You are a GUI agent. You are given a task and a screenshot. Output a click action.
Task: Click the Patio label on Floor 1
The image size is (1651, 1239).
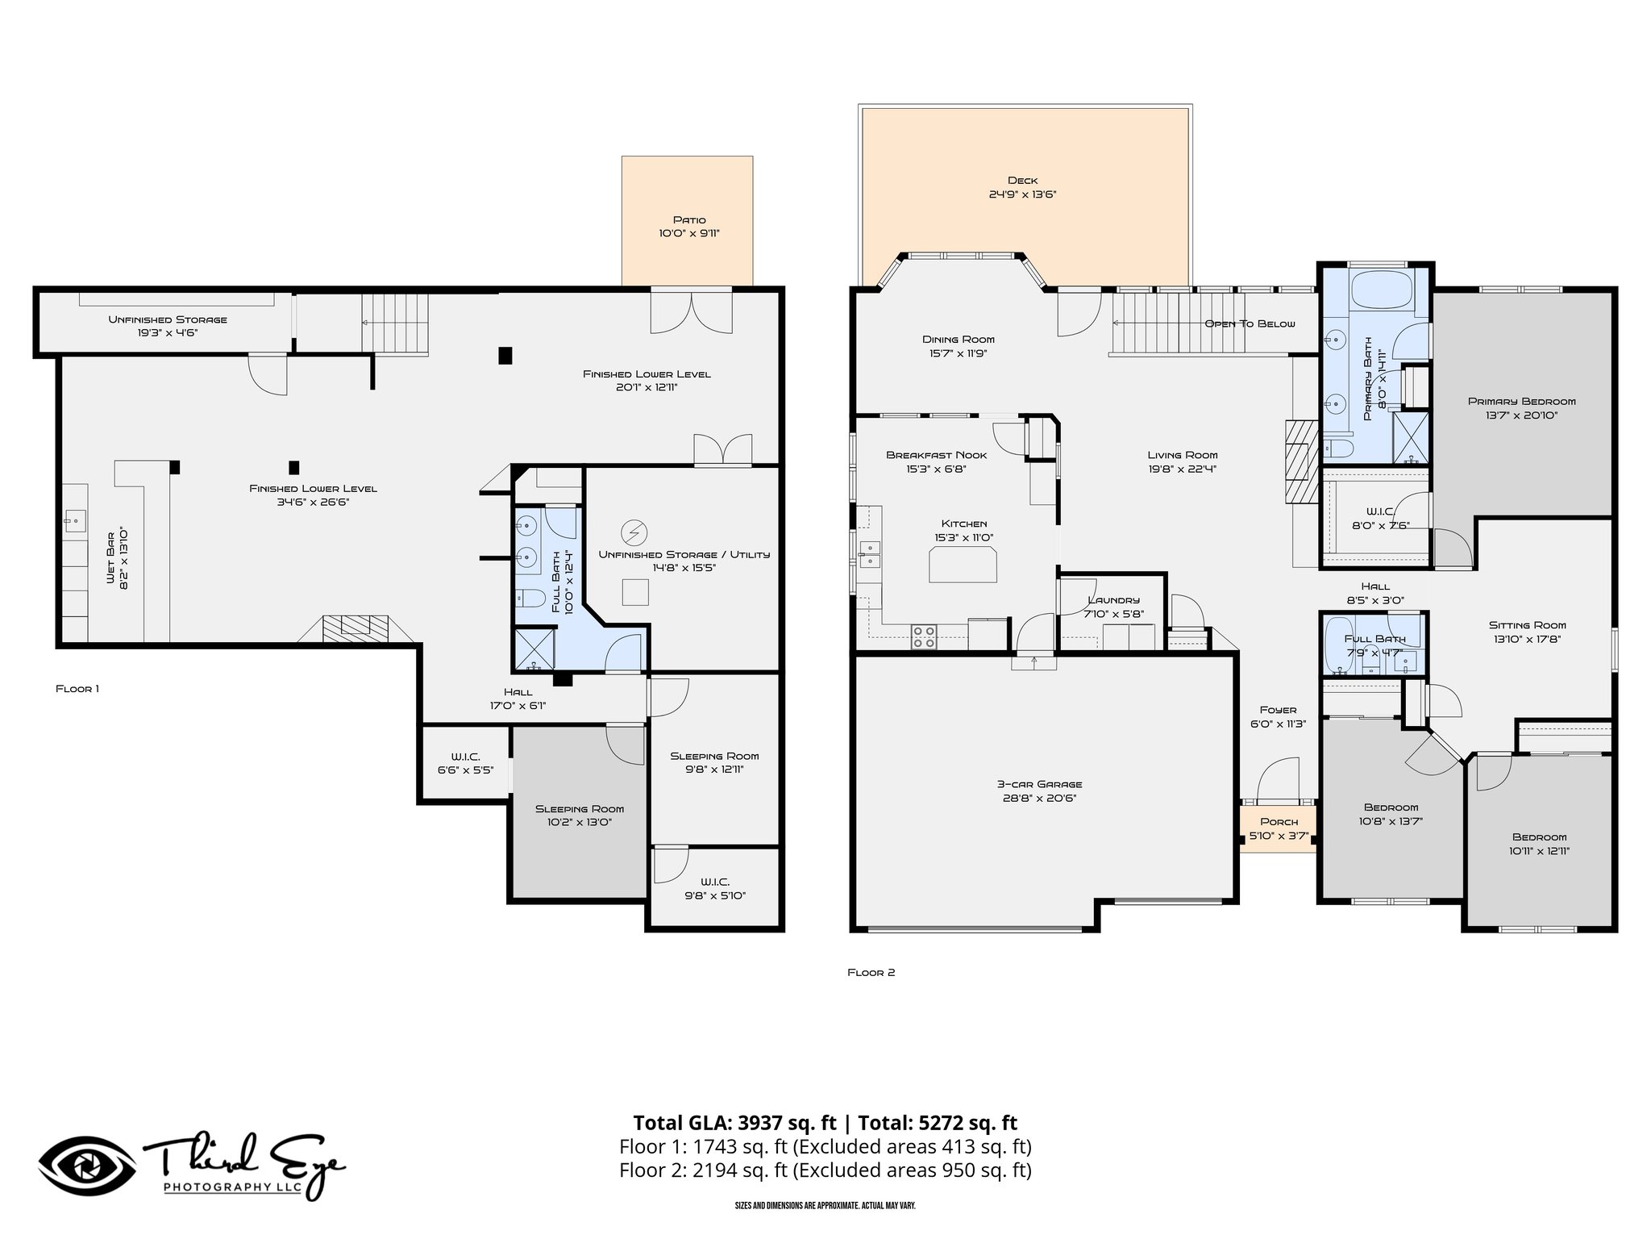(x=689, y=219)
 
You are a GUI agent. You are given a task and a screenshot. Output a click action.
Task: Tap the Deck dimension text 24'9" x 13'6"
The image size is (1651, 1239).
(x=1022, y=194)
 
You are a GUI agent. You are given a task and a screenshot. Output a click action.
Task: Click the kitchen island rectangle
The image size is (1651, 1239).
(x=963, y=565)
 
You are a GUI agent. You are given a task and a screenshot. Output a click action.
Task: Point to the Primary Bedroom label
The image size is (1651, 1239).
(x=1521, y=401)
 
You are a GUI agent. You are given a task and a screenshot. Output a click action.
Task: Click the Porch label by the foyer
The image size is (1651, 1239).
(x=1279, y=822)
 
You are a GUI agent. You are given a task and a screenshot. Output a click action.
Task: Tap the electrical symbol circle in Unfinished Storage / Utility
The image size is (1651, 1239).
(x=634, y=532)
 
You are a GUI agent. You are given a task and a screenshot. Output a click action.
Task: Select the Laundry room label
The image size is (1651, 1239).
(x=1113, y=600)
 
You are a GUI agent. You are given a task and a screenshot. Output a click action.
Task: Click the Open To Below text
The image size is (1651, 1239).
(x=1250, y=323)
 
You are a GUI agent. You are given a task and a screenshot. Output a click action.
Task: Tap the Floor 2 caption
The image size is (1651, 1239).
(x=871, y=973)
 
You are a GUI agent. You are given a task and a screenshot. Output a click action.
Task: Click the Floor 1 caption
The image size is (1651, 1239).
(x=77, y=689)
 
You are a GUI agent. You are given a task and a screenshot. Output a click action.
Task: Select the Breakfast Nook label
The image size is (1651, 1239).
(x=936, y=455)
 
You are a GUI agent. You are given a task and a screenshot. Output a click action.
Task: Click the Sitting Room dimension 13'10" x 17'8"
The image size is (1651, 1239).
(x=1527, y=639)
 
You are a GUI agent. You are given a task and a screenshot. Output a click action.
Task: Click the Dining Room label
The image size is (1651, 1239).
(x=958, y=340)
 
